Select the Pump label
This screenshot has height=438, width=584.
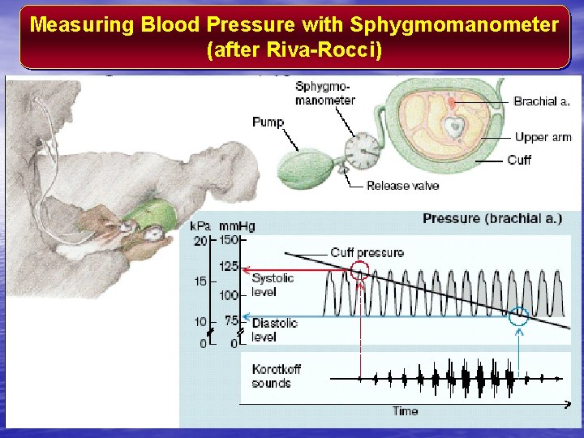[x=268, y=122]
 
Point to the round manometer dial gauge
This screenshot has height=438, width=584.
[x=361, y=151]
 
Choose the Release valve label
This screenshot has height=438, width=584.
[x=402, y=186]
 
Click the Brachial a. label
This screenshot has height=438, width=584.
[x=542, y=101]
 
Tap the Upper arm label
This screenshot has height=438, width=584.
[x=543, y=137]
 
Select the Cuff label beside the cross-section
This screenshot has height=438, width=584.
[x=519, y=160]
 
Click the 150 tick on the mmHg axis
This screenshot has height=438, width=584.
[x=229, y=240]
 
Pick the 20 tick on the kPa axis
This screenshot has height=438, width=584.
[x=200, y=240]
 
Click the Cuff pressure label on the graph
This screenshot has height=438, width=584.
[x=367, y=253]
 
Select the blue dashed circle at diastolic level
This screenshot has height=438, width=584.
[x=519, y=317]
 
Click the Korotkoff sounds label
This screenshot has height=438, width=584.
[x=276, y=376]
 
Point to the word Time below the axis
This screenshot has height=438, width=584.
[x=406, y=410]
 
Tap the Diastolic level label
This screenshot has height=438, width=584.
[x=274, y=329]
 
